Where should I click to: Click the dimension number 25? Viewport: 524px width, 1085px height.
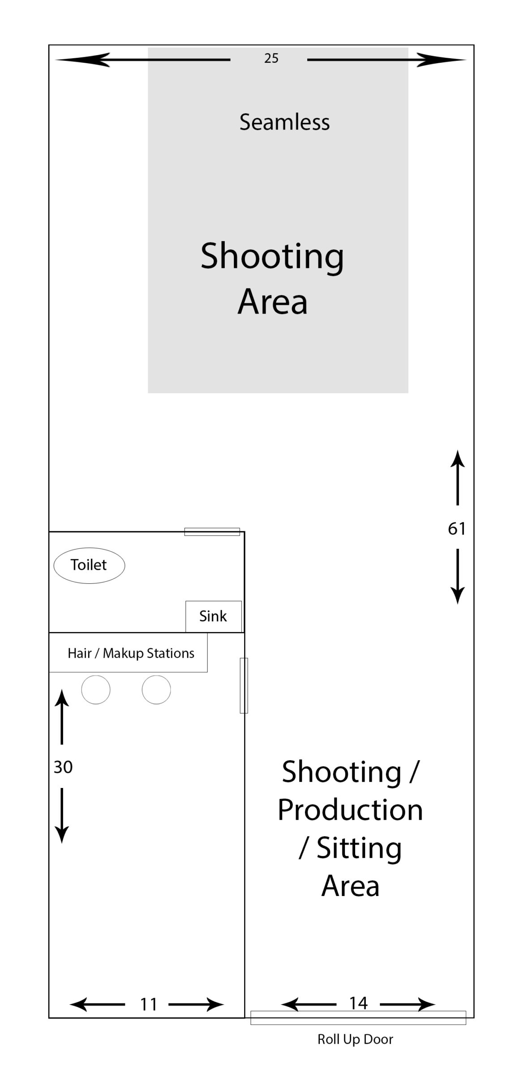click(x=271, y=58)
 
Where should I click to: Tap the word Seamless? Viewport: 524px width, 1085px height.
click(x=284, y=122)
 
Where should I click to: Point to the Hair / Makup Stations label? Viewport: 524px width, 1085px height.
click(x=131, y=653)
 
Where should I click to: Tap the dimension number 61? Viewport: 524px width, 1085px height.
click(x=457, y=529)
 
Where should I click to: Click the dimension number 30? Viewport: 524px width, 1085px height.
click(x=63, y=767)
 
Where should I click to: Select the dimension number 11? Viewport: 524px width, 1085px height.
click(x=149, y=1004)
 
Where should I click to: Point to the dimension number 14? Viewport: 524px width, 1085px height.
click(x=358, y=1003)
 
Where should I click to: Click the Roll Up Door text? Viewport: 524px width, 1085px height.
click(x=355, y=1039)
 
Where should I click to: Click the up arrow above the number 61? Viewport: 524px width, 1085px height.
click(x=457, y=478)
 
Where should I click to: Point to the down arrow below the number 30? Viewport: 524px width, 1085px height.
click(x=62, y=815)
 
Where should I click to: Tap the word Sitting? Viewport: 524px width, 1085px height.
click(x=359, y=848)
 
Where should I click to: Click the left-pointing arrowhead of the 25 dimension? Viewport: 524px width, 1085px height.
click(x=83, y=60)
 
